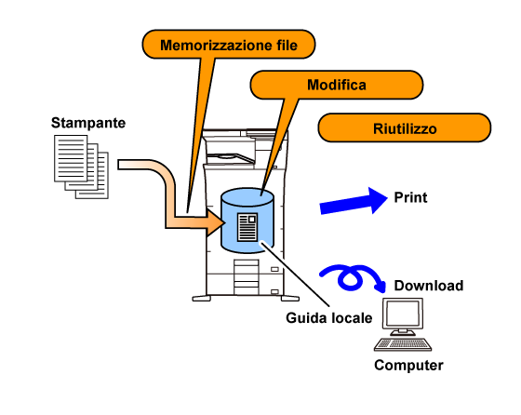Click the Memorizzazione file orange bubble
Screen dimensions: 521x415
point(229,44)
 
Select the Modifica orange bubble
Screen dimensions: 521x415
point(337,85)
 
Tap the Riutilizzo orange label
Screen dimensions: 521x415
point(405,127)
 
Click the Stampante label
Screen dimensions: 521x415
point(88,123)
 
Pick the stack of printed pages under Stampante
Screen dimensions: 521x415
point(82,167)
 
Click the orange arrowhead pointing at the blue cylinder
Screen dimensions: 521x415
point(216,222)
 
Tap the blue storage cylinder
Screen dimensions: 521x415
point(247,221)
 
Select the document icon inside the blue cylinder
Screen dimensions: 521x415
point(247,227)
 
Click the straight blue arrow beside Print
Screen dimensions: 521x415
point(354,201)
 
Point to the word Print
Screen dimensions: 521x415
point(410,197)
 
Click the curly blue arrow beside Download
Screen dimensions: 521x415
point(353,278)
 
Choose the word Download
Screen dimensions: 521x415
point(429,286)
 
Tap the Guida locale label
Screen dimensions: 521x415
point(329,318)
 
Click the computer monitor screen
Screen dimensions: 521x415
point(403,313)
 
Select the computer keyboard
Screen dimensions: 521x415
point(403,344)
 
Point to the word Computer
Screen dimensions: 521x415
point(408,366)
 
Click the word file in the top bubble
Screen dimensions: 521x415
point(287,46)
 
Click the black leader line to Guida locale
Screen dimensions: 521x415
point(295,274)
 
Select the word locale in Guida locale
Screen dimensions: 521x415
point(352,318)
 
